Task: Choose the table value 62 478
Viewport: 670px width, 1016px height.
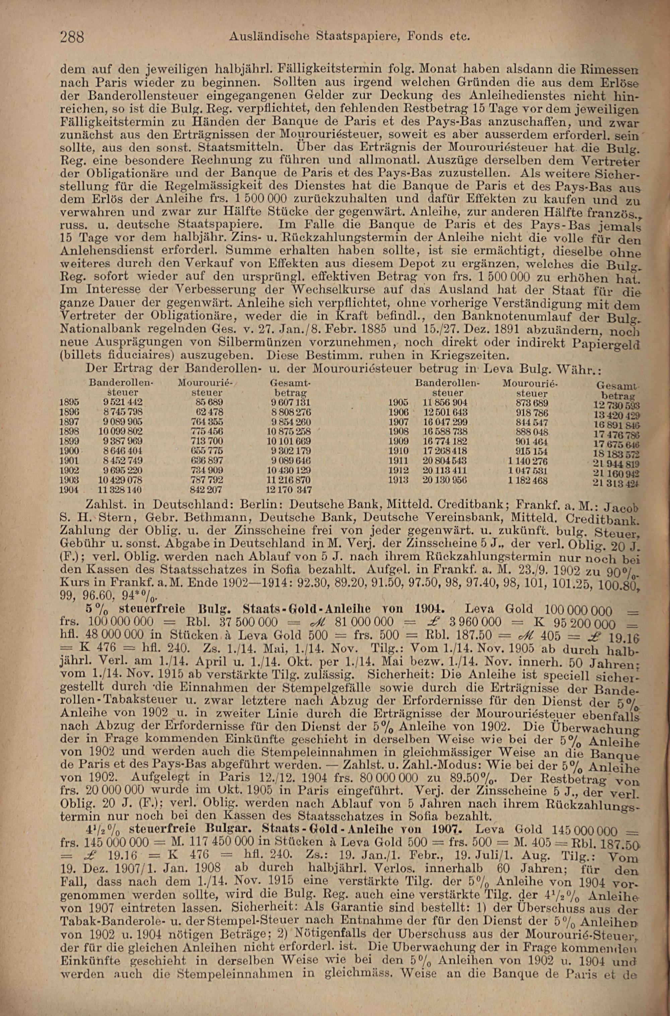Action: [209, 412]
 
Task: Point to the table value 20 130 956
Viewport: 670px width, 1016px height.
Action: [445, 480]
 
